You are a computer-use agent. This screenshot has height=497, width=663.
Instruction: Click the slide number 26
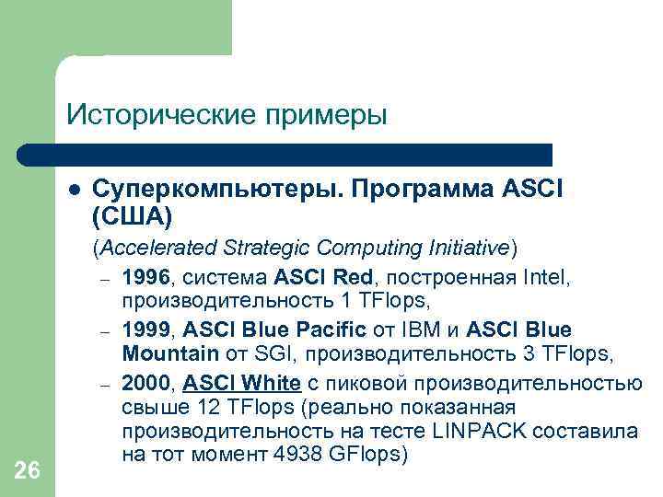click(x=28, y=470)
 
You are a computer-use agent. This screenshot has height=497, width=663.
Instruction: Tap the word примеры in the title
click(x=326, y=117)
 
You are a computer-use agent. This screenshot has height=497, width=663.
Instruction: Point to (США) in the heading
click(x=133, y=216)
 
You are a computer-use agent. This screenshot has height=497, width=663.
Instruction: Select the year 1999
click(x=143, y=329)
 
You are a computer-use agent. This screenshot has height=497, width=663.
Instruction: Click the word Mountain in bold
click(x=169, y=353)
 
